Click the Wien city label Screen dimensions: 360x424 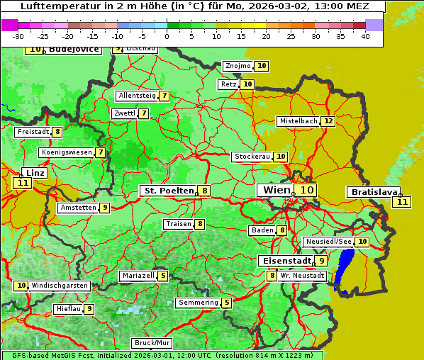[x=276, y=190]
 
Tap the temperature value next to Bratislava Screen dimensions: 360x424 [x=403, y=202]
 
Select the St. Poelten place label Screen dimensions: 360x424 [x=168, y=191]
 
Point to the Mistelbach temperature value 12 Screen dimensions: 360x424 [x=328, y=121]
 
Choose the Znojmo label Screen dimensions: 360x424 [x=238, y=66]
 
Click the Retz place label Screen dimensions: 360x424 [x=228, y=84]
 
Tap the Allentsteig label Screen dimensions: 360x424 [x=137, y=96]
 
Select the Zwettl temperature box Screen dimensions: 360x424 [x=144, y=113]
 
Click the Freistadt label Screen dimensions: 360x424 [x=33, y=132]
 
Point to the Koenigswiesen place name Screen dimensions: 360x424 [x=66, y=152]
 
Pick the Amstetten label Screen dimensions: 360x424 [x=78, y=208]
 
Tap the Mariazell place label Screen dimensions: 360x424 [x=138, y=276]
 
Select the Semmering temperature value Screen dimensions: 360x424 [x=227, y=303]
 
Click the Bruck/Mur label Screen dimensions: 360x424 [x=152, y=343]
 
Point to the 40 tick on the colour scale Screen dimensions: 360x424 [x=365, y=37]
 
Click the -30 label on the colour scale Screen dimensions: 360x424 [x=18, y=37]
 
